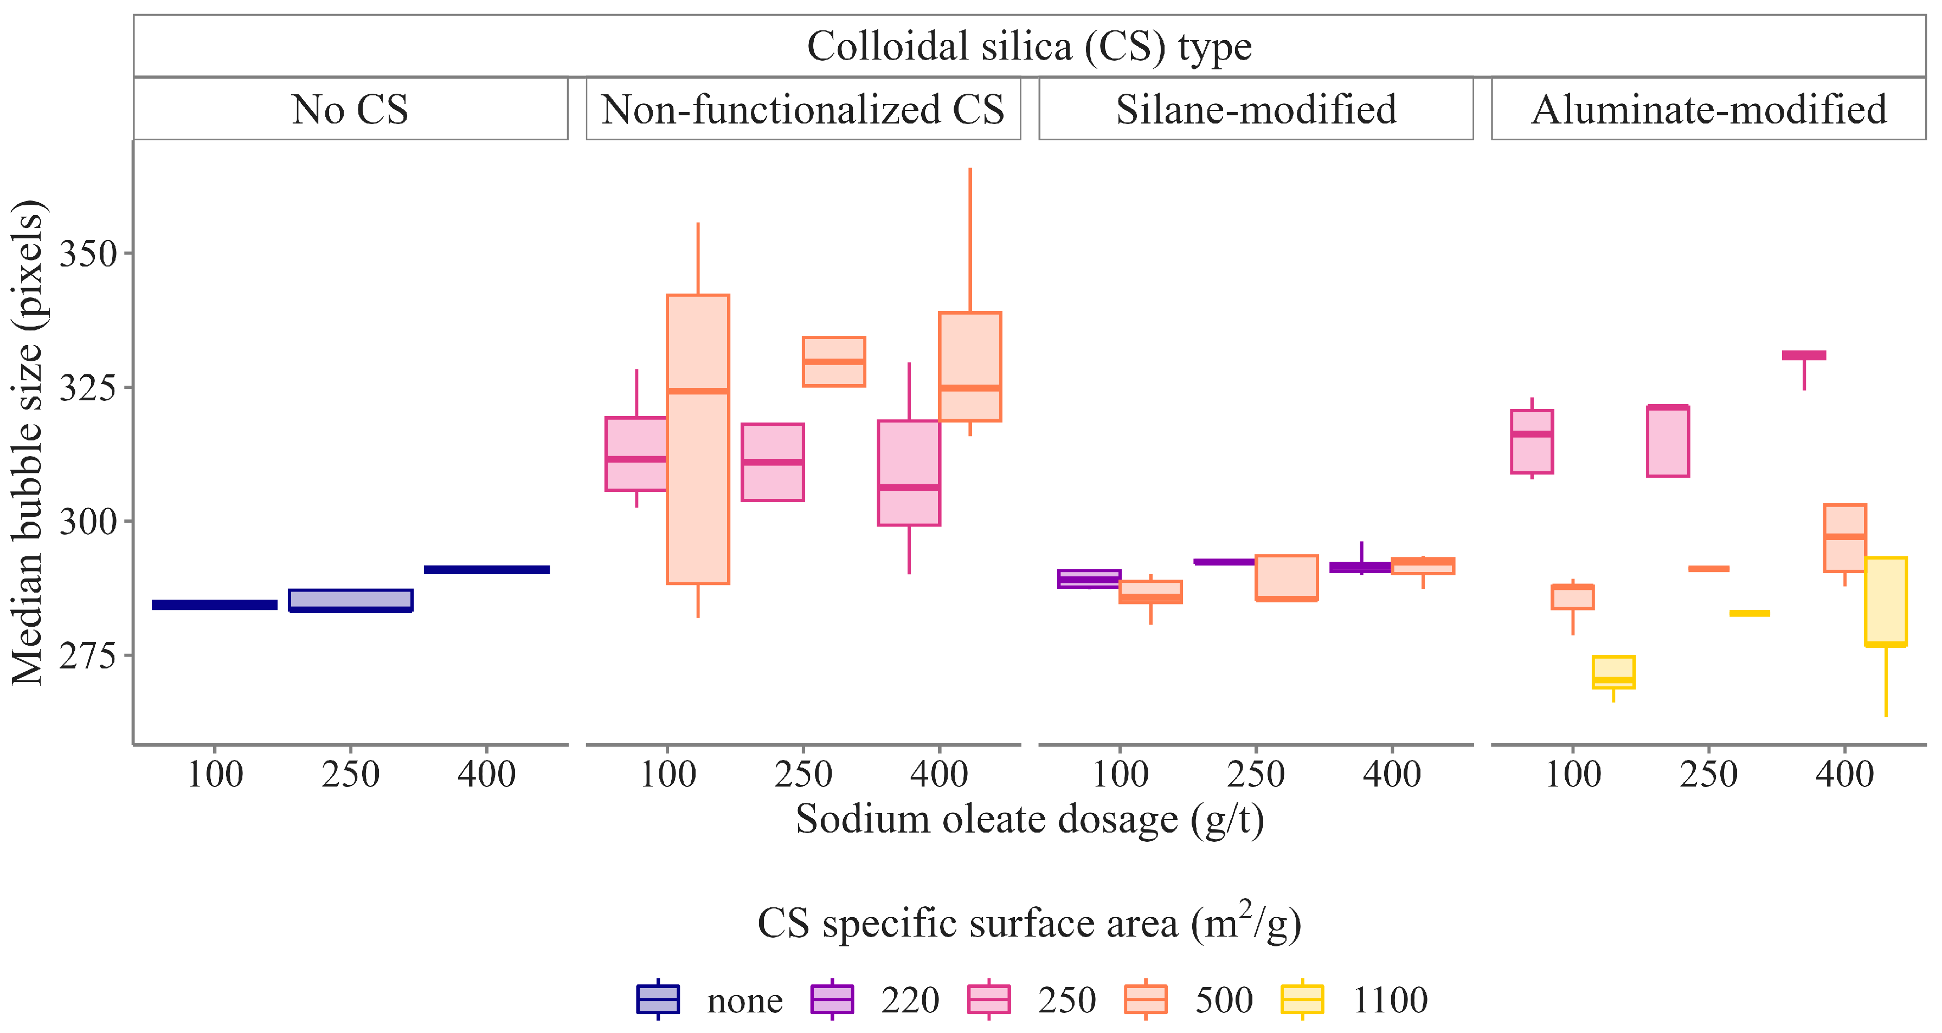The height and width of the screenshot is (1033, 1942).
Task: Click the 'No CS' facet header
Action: [350, 109]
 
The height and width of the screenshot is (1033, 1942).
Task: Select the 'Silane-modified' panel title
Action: [1256, 109]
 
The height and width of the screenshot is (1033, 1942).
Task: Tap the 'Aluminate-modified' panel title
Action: [1708, 109]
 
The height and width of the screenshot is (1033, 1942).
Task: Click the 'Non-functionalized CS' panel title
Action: [803, 109]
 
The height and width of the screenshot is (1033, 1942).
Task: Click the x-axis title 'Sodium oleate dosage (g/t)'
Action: [1029, 819]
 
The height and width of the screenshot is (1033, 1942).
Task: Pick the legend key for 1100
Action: [1302, 999]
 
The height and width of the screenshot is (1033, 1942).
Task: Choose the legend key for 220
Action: [832, 999]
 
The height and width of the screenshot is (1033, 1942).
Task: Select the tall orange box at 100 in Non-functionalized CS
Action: [698, 439]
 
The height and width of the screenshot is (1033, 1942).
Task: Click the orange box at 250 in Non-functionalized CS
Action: [834, 362]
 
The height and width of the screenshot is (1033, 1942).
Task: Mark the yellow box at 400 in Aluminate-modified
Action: [1886, 601]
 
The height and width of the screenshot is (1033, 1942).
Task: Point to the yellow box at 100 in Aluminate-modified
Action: [1613, 671]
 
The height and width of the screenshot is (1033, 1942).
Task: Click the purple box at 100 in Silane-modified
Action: [1089, 579]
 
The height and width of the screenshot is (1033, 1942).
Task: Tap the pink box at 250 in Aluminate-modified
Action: [1668, 441]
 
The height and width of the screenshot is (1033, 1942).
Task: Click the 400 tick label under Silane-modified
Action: [1392, 774]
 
